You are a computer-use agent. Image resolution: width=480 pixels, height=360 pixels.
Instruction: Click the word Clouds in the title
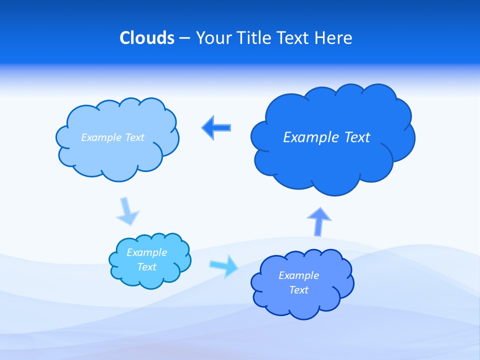click(147, 38)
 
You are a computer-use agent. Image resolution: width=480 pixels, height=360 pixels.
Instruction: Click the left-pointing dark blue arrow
click(216, 127)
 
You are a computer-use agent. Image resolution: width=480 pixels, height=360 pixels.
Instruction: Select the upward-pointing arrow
click(319, 221)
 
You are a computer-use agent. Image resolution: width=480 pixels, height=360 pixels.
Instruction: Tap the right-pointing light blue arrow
click(224, 265)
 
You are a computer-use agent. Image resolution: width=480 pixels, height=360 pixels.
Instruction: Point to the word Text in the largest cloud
click(357, 137)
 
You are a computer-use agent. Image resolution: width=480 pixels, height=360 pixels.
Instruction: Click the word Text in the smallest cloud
click(147, 267)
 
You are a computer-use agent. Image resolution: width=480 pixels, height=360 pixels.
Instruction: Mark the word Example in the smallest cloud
click(147, 252)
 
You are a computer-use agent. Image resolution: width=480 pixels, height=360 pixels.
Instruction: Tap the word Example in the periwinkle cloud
click(299, 275)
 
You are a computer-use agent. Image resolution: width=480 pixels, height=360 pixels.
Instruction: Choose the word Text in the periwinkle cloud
click(299, 290)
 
